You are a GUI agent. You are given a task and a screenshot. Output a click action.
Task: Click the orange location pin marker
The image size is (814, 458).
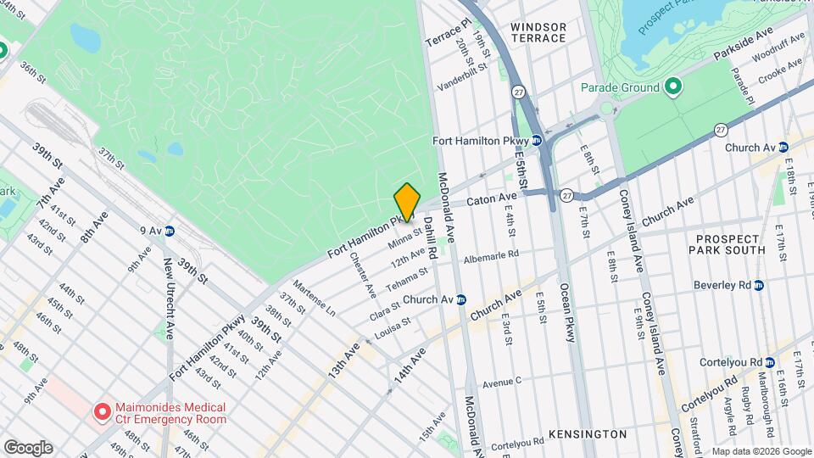pyautogui.click(x=407, y=202)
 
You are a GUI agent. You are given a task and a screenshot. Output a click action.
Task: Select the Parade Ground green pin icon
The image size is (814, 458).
pyautogui.click(x=673, y=87)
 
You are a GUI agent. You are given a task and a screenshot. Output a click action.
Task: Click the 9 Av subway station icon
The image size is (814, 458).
pyautogui.click(x=170, y=230)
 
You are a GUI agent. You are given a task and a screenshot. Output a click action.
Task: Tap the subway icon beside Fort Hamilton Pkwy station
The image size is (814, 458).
pyautogui.click(x=537, y=141)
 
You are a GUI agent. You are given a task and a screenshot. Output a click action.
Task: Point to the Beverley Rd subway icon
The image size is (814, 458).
pyautogui.click(x=759, y=285)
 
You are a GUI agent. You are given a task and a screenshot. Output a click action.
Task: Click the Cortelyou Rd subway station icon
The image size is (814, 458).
pyautogui.click(x=768, y=362)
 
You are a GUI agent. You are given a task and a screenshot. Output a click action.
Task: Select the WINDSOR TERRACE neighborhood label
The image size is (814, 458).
pyautogui.click(x=538, y=32)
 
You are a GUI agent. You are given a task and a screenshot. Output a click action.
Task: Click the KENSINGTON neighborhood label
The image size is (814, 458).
pyautogui.click(x=587, y=434)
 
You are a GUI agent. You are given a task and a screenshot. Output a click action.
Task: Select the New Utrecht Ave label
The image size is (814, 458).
pyautogui.click(x=169, y=299)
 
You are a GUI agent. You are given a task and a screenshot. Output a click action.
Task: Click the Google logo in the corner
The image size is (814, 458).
pyautogui.click(x=28, y=447)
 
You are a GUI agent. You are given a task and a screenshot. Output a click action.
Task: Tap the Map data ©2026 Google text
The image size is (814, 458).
pyautogui.click(x=761, y=451)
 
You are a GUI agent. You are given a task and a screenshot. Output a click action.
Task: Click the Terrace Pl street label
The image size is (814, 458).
pyautogui.click(x=447, y=34)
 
